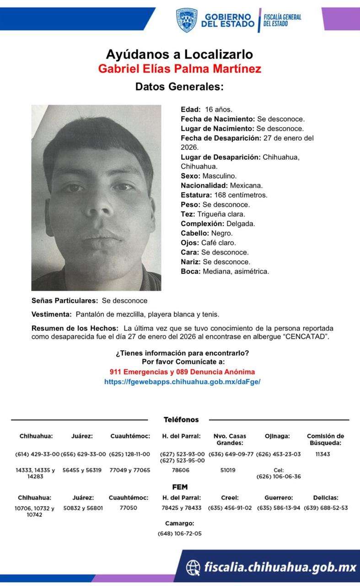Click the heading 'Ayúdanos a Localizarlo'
click(179, 54)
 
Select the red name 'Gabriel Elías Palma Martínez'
click(179, 69)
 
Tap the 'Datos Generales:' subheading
click(179, 87)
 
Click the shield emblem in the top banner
click(187, 20)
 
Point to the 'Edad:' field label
click(191, 109)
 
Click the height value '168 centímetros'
click(241, 195)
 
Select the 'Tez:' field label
click(188, 214)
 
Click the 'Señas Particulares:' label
click(64, 300)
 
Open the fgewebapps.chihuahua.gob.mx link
click(182, 381)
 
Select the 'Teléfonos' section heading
click(181, 419)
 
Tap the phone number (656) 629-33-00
click(83, 454)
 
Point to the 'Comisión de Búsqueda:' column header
click(325, 439)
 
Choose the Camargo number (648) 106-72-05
click(179, 533)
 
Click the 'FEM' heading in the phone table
click(180, 487)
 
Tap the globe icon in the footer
click(193, 568)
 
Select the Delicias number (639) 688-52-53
click(326, 508)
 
